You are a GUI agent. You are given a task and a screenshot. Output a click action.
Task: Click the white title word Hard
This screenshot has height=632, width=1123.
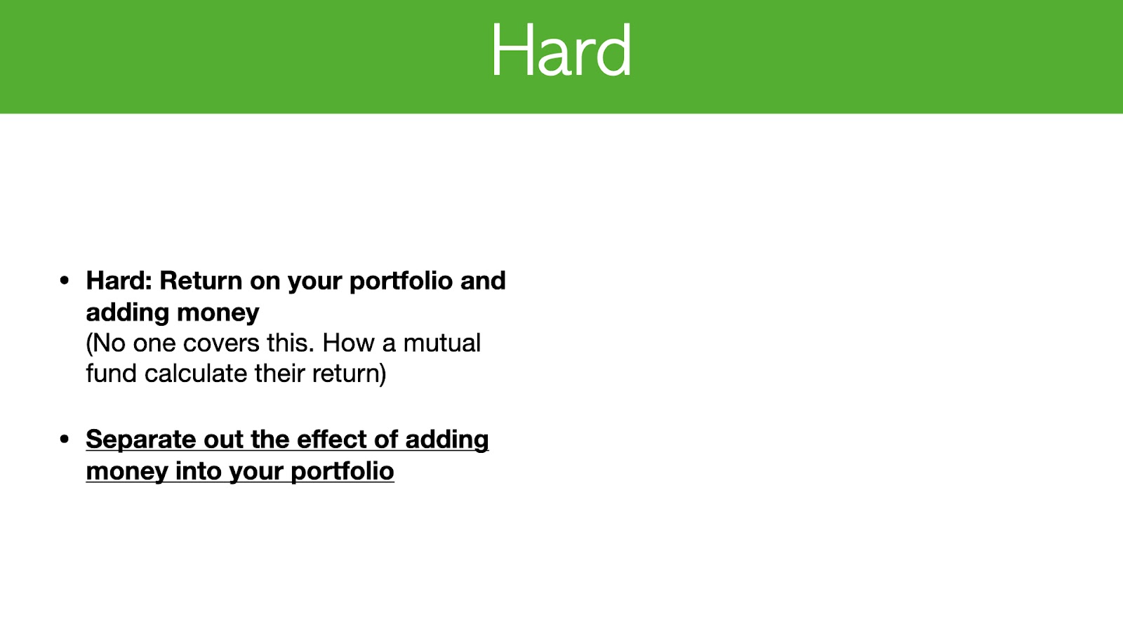561,50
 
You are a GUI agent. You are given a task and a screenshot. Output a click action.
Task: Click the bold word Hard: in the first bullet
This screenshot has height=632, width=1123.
119,280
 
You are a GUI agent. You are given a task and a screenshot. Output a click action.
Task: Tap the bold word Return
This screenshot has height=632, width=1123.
201,280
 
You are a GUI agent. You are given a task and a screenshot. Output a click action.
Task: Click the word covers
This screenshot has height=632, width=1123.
220,343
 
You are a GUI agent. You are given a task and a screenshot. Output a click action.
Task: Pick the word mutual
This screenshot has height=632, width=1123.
441,343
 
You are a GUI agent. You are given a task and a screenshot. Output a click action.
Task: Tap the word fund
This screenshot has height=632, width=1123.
112,374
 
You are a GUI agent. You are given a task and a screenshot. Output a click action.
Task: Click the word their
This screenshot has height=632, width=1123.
280,374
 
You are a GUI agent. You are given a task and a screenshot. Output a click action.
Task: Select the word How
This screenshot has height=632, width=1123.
348,343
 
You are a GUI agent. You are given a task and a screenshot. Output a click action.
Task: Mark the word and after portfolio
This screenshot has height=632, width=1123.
483,280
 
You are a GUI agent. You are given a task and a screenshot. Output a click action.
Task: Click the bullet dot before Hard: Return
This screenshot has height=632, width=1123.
64,280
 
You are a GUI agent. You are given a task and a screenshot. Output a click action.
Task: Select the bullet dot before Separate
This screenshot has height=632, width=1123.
64,440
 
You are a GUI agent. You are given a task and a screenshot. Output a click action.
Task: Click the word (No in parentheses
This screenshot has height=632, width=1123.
106,344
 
